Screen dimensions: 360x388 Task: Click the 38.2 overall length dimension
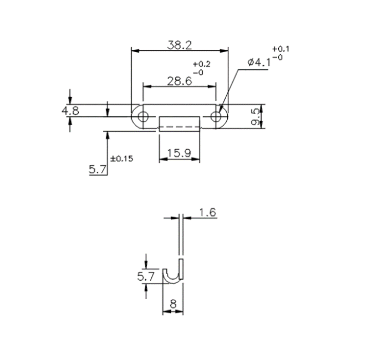pyautogui.click(x=179, y=45)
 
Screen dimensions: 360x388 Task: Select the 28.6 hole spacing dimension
pyautogui.click(x=179, y=81)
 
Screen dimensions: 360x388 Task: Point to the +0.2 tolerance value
pyautogui.click(x=198, y=64)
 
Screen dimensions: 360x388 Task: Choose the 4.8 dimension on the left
pyautogui.click(x=70, y=110)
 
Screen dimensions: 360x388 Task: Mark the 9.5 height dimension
pyautogui.click(x=255, y=116)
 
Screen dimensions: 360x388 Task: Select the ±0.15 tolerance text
pyautogui.click(x=122, y=158)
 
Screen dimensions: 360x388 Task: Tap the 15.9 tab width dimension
pyautogui.click(x=179, y=152)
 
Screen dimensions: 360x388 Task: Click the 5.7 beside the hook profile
pyautogui.click(x=146, y=275)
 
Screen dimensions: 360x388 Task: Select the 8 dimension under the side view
pyautogui.click(x=173, y=304)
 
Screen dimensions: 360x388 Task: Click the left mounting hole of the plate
pyautogui.click(x=143, y=116)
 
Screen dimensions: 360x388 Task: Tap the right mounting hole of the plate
pyautogui.click(x=216, y=116)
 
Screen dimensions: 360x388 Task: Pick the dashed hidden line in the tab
pyautogui.click(x=179, y=126)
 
